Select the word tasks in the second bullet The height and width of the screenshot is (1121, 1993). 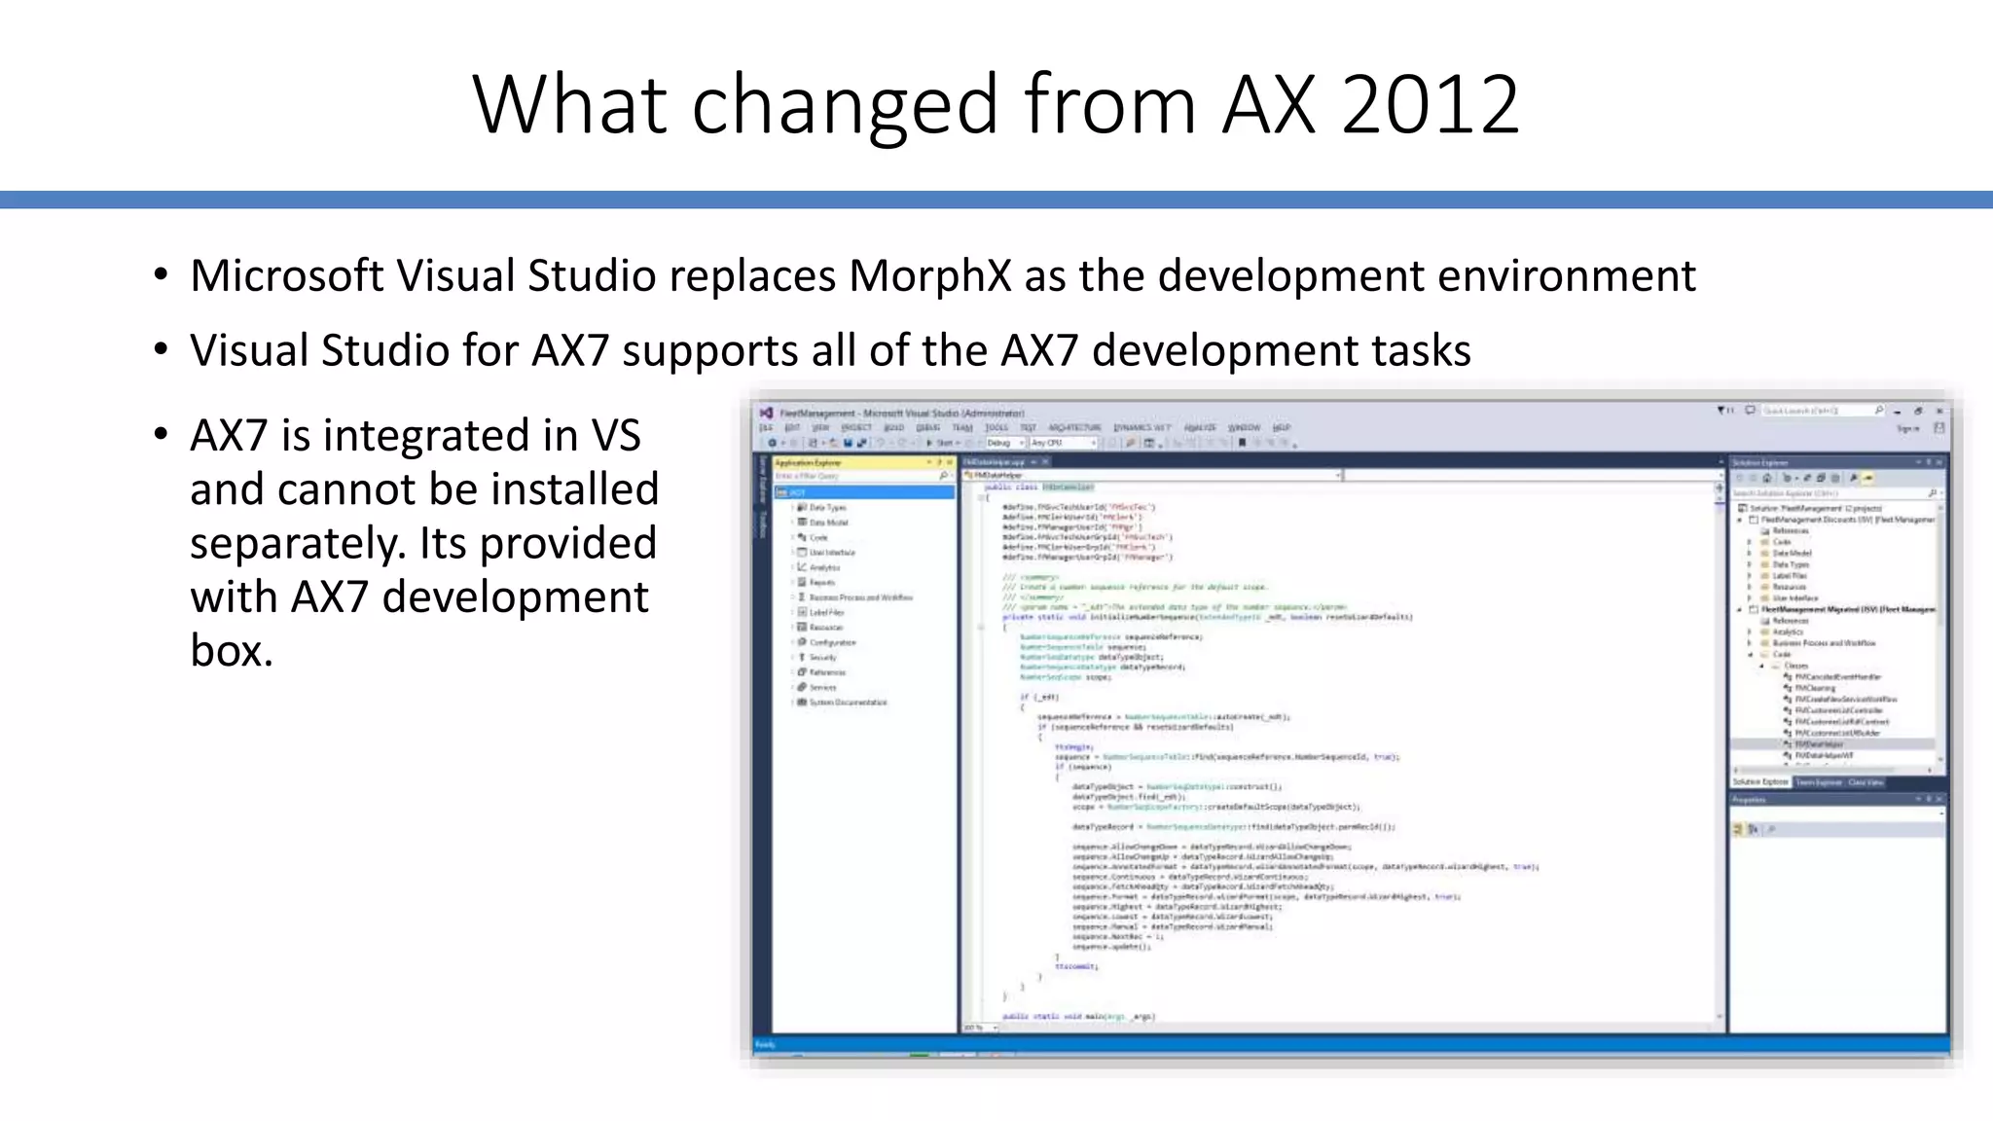1420,350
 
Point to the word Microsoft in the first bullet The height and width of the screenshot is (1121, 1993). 286,276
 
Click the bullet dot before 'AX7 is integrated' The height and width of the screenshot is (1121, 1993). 161,435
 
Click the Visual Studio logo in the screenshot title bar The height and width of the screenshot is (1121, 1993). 766,413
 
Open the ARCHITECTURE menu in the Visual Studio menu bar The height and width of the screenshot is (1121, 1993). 1073,427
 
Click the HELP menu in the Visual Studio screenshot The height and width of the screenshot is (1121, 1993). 1282,427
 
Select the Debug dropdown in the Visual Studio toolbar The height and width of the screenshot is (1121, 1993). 1003,443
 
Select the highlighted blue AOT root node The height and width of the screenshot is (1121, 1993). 861,492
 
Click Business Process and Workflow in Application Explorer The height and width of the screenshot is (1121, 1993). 860,597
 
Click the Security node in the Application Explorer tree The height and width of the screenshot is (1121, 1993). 822,658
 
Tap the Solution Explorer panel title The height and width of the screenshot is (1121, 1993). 1761,462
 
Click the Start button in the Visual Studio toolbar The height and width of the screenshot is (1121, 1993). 940,443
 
